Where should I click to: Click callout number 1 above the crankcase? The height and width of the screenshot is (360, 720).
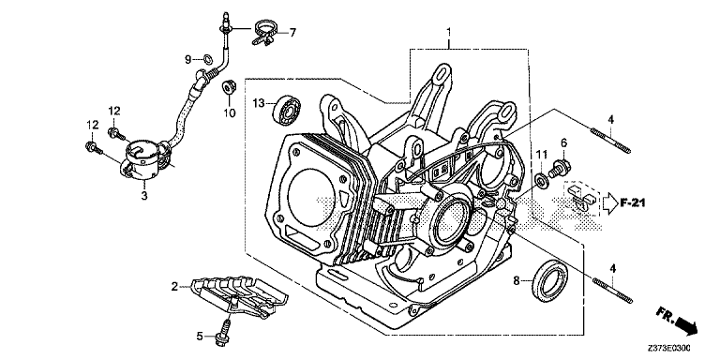(449, 32)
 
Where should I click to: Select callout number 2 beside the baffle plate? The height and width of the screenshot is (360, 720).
(174, 287)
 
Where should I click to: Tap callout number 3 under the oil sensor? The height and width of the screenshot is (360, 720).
(144, 196)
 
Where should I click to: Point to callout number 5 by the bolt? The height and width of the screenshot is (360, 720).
(200, 337)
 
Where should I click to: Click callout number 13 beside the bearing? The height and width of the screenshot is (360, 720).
(259, 104)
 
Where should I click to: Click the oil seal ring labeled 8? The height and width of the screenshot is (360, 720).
(549, 281)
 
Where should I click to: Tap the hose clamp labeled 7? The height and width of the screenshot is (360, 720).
(262, 31)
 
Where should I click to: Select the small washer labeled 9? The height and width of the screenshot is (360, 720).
(207, 59)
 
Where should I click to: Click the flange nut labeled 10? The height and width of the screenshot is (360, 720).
(228, 87)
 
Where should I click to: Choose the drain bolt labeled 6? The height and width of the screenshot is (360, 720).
(560, 168)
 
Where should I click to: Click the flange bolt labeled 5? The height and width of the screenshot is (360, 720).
(224, 329)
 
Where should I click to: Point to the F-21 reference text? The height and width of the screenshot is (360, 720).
(632, 202)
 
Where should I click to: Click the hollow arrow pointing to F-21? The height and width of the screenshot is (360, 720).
(609, 202)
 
